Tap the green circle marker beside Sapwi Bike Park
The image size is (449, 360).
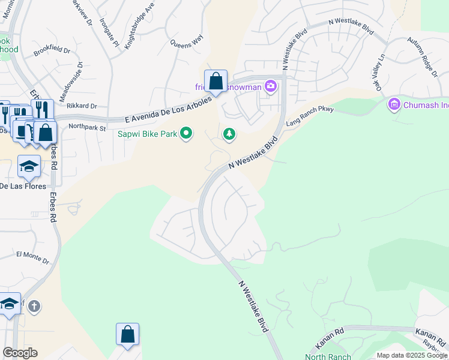(187, 133)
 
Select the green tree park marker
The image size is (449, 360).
(229, 134)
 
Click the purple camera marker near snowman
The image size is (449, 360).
(271, 86)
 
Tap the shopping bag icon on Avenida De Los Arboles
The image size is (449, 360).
(215, 81)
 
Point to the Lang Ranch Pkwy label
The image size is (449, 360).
(309, 116)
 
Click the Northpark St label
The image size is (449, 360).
(87, 127)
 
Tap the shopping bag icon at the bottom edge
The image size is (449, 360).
(128, 335)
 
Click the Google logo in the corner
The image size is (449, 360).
(20, 353)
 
